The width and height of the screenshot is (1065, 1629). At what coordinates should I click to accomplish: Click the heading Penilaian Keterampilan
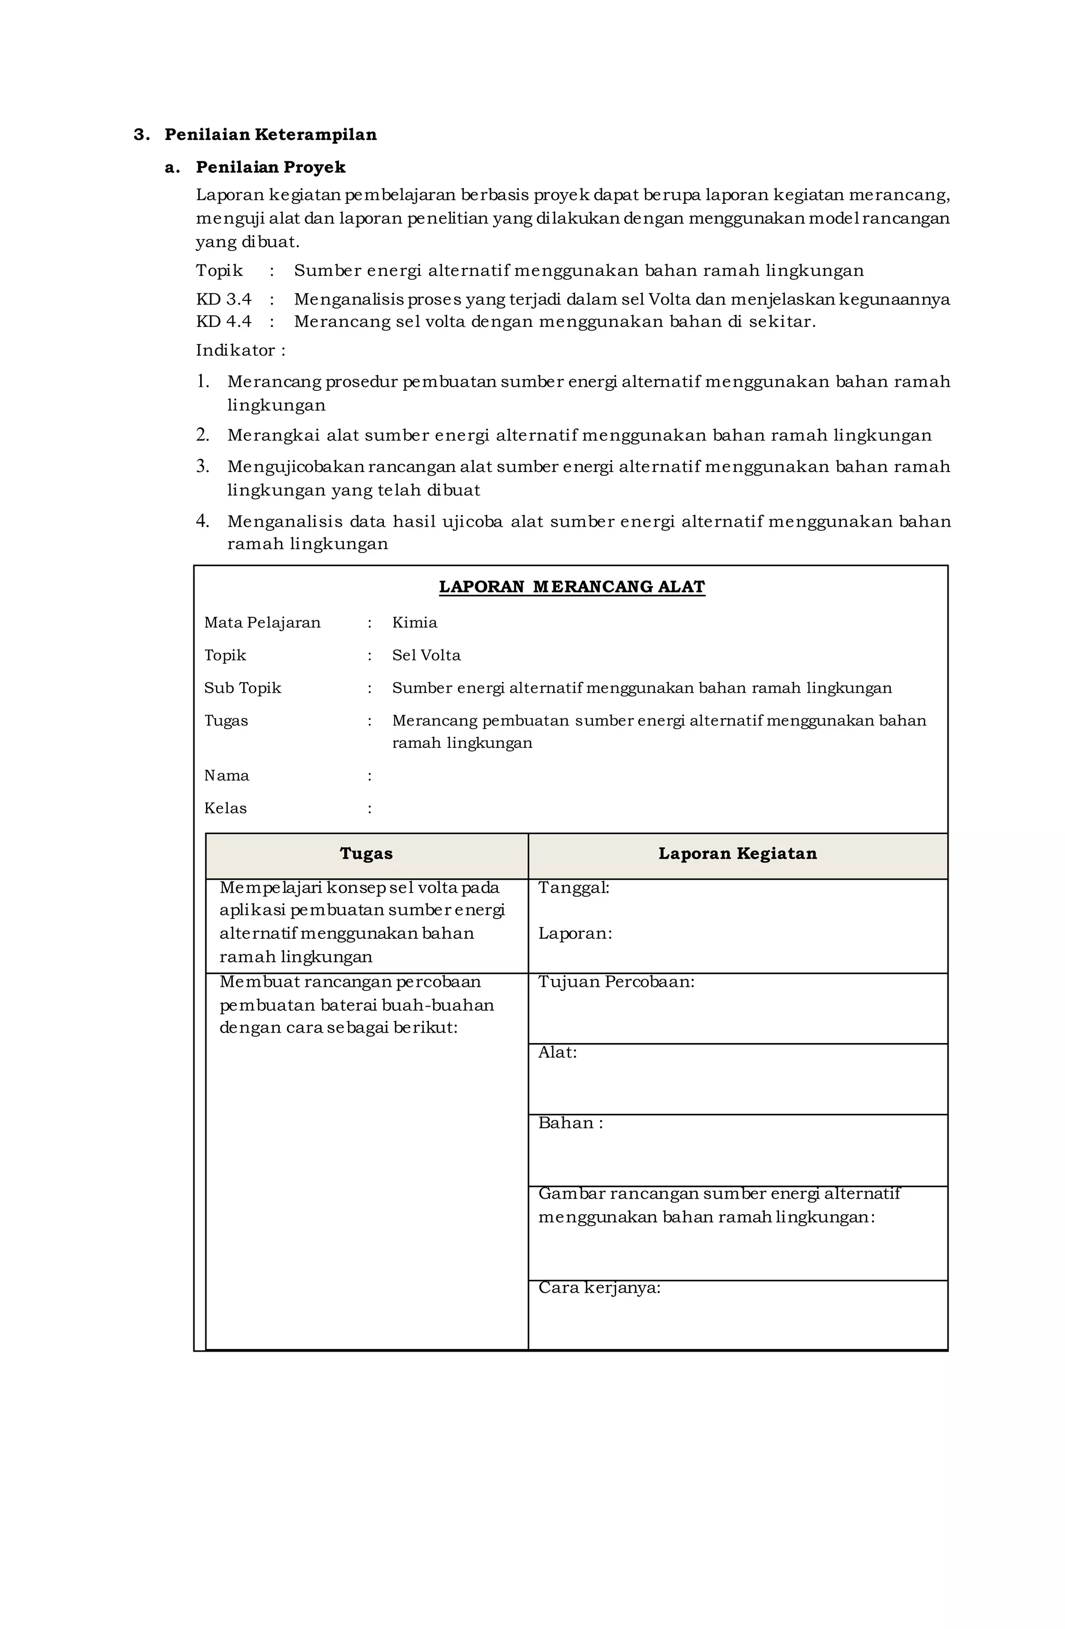click(x=270, y=135)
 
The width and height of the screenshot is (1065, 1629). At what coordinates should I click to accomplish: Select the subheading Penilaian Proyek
click(x=270, y=168)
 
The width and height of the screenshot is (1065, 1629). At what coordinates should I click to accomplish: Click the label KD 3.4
click(x=224, y=300)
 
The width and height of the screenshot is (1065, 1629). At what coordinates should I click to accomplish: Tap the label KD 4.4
click(x=224, y=322)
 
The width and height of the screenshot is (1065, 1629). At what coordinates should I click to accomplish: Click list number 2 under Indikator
click(x=202, y=435)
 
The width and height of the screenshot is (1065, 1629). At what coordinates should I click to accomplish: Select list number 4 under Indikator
click(x=202, y=521)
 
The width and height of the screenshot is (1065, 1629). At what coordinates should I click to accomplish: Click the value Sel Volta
click(x=426, y=656)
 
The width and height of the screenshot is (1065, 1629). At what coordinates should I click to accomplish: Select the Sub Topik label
click(x=242, y=689)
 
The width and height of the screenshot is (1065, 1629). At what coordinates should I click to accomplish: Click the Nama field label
click(x=226, y=776)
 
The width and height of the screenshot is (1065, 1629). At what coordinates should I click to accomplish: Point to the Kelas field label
click(x=225, y=809)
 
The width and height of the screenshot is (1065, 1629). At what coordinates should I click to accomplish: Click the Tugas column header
click(x=366, y=854)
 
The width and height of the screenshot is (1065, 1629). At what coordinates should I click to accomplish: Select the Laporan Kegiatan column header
click(x=737, y=854)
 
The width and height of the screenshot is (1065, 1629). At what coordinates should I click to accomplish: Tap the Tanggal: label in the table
click(x=573, y=888)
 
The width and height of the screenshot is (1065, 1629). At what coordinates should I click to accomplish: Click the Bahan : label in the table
click(x=570, y=1124)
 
